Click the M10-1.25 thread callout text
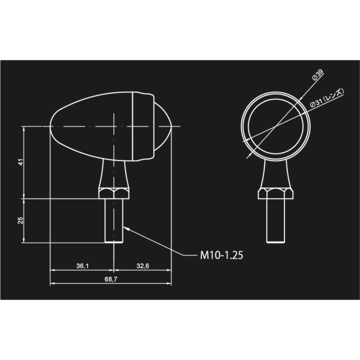[221, 255]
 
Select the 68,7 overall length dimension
[111, 279]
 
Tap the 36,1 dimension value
[82, 266]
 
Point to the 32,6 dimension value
[143, 266]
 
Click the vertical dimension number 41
[21, 162]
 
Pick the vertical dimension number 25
[21, 220]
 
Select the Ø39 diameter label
[318, 75]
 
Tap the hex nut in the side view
[114, 193]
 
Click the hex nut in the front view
[275, 193]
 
